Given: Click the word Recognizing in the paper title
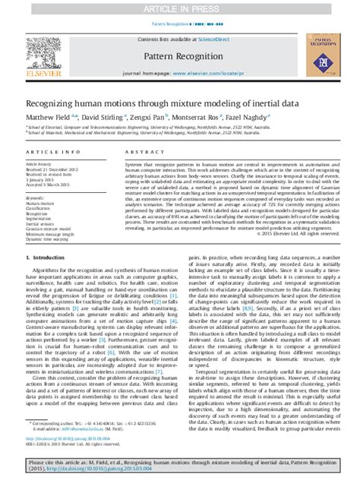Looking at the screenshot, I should pos(51,101).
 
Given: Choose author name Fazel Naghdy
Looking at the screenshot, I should pos(247,117).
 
